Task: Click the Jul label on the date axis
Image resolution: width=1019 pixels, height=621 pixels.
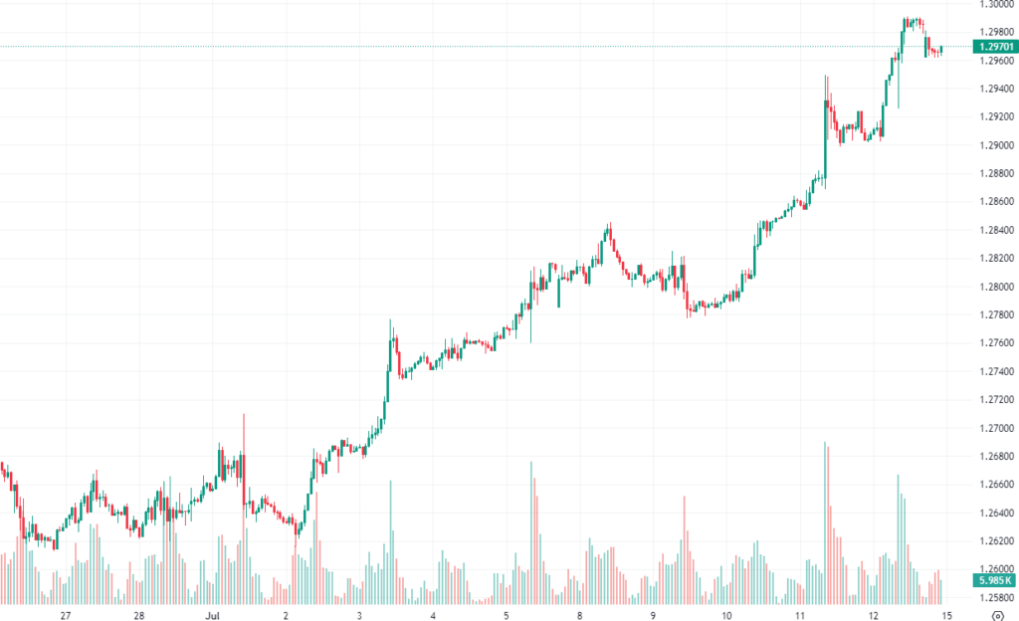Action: (213, 615)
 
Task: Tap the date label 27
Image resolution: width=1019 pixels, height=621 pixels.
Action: (66, 615)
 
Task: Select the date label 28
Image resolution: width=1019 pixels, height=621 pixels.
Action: (139, 615)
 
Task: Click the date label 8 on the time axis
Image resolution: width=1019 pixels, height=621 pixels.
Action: (580, 615)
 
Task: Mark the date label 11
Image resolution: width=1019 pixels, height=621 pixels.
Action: (800, 615)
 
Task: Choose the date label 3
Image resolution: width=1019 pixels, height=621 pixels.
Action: (359, 615)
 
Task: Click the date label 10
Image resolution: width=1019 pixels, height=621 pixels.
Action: (726, 615)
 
